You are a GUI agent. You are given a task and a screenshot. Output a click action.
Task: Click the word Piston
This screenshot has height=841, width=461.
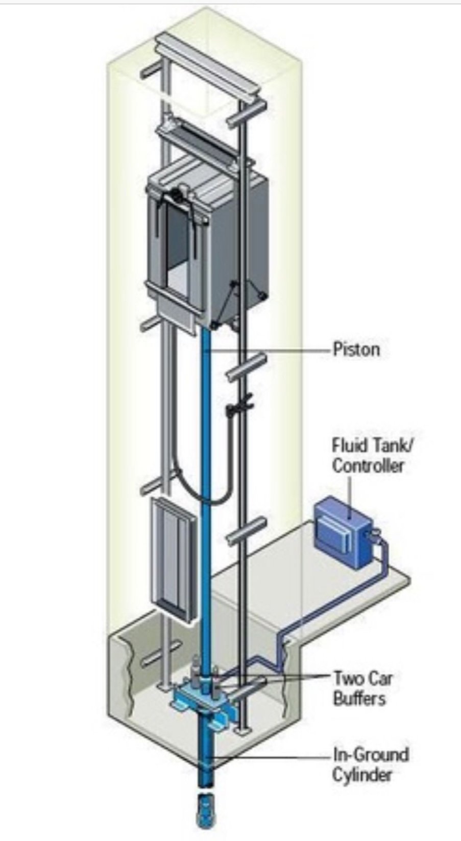tap(356, 350)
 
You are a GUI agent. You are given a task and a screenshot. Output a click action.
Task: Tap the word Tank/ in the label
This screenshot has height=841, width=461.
tap(391, 445)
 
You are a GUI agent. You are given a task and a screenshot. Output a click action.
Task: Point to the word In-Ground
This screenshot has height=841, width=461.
tap(371, 754)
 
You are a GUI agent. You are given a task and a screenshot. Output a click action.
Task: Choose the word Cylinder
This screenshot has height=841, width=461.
tap(362, 775)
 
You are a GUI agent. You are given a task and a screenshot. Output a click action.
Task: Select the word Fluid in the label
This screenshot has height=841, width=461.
tap(350, 445)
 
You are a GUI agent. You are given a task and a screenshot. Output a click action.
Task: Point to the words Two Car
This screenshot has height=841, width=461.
tap(363, 678)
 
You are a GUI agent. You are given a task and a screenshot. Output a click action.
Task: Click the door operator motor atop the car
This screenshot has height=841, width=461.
tap(176, 193)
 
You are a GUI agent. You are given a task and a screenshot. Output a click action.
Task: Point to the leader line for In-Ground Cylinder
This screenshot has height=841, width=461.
tap(271, 758)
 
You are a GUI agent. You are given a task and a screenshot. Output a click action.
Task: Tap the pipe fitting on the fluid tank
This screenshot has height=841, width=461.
tap(376, 535)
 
